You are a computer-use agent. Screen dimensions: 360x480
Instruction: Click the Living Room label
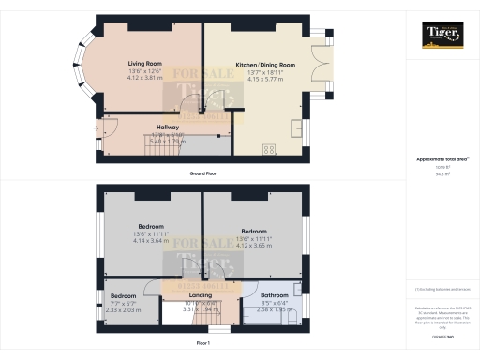tap(145, 64)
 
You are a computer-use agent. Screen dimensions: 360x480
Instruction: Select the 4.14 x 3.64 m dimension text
tap(151, 240)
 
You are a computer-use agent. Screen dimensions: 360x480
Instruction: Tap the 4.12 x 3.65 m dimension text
tap(253, 245)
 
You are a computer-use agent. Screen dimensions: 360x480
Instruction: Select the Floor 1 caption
tap(202, 344)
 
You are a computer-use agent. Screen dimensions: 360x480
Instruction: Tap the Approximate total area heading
tap(441, 159)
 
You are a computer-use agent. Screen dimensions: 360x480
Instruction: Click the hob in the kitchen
tap(269, 149)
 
